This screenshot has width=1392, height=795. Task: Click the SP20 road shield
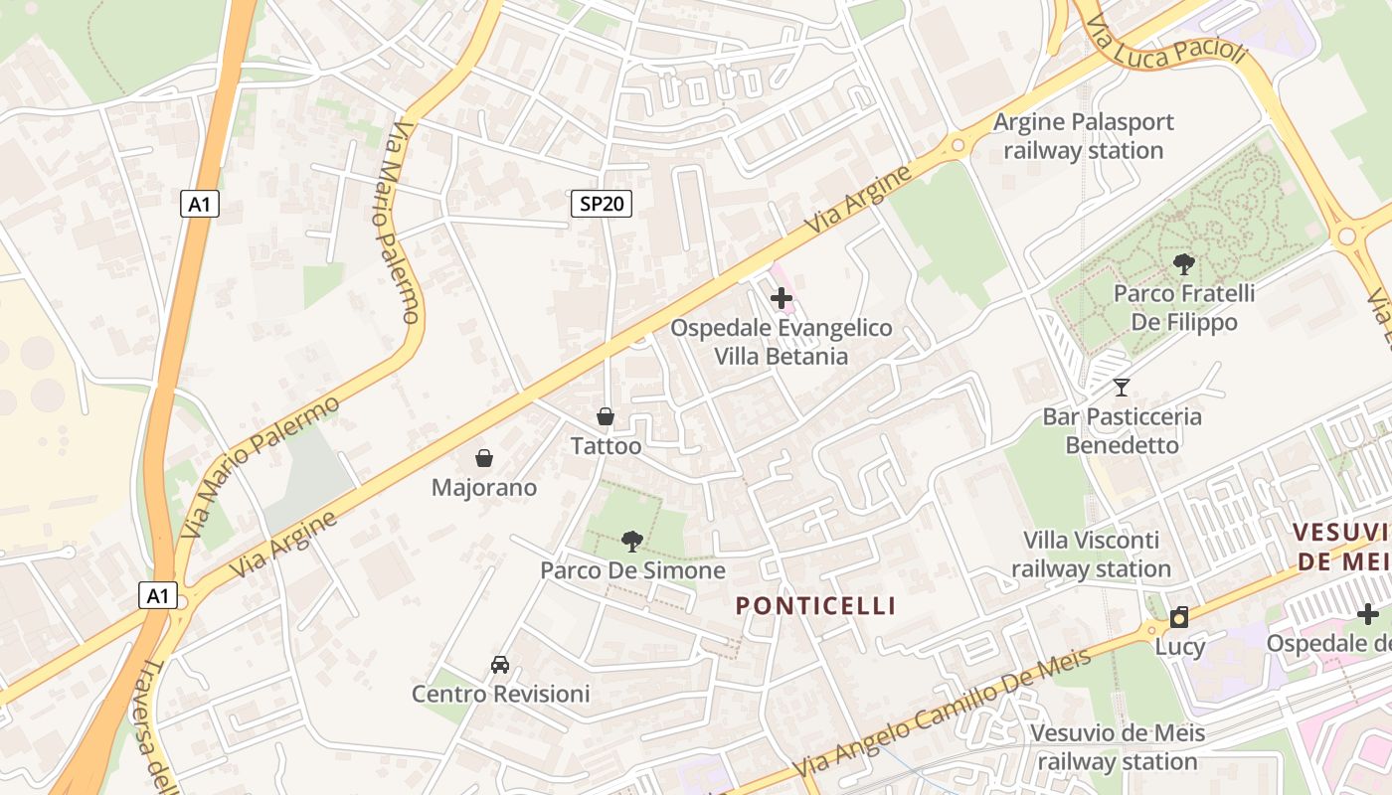602,204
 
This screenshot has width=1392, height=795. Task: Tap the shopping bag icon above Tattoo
605,416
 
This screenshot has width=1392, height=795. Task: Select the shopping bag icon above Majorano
484,458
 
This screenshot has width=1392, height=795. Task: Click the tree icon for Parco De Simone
631,541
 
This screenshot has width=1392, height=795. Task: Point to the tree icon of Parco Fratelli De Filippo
1183,263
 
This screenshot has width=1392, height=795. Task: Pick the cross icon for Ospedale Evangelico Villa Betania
782,297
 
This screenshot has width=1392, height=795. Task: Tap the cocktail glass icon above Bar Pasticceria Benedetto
1122,387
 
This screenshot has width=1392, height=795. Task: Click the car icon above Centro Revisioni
500,664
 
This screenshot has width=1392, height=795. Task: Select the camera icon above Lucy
1179,617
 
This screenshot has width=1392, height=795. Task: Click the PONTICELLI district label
816,605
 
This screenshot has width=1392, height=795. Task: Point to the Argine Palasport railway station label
1084,136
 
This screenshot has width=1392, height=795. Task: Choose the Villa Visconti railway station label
1092,555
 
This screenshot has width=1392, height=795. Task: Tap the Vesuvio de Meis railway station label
1118,747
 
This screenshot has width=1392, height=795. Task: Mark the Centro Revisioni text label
501,693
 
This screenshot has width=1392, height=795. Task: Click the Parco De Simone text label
632,570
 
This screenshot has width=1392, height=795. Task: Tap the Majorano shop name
484,487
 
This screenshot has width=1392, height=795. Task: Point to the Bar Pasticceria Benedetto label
1122,430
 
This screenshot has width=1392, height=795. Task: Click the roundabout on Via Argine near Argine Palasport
958,145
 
